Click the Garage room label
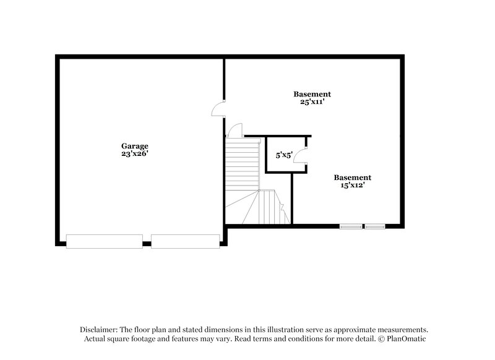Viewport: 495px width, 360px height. pos(134,146)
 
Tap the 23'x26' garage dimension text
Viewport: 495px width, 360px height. pos(134,153)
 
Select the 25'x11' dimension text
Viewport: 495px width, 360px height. pos(312,101)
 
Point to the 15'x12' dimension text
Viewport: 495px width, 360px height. pos(353,184)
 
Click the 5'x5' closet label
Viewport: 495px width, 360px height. pos(284,155)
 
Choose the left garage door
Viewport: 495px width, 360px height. pos(105,241)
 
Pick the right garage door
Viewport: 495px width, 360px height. pos(186,241)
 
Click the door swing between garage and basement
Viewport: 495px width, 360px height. pos(218,109)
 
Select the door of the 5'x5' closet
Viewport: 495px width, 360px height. pos(301,157)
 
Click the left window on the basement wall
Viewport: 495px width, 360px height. pos(351,226)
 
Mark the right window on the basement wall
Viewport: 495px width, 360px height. pos(374,226)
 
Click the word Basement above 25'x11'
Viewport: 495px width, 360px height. pos(312,94)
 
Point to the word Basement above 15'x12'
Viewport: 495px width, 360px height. pos(353,177)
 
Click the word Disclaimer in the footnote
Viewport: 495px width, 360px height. pos(100,330)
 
